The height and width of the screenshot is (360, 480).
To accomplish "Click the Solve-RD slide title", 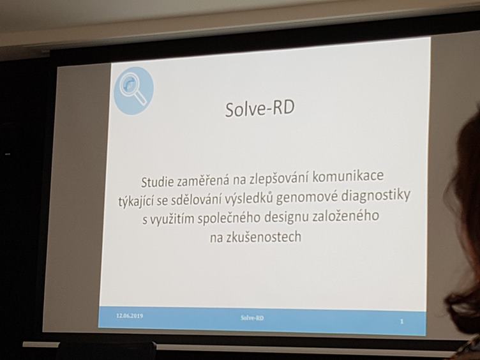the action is point(260,109).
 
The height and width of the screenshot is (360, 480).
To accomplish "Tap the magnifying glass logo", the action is point(134,91).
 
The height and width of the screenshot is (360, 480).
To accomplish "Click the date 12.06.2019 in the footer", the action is point(130,315).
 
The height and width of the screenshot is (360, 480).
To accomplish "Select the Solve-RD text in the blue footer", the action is point(252,318).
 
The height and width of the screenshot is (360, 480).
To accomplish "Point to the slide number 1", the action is point(402,322).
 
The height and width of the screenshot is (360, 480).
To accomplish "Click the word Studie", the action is point(158,182).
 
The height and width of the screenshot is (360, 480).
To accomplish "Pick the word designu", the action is point(286,218).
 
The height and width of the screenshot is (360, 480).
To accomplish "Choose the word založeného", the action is point(345,216).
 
